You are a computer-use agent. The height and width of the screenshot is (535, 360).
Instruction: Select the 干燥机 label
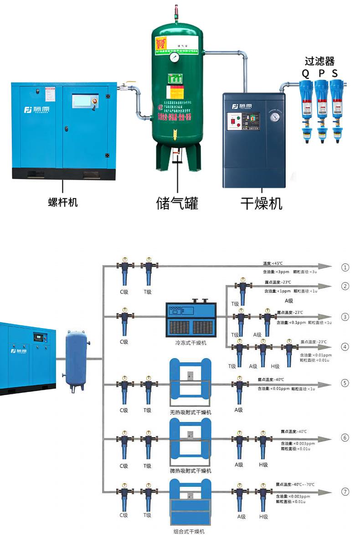(x=261, y=203)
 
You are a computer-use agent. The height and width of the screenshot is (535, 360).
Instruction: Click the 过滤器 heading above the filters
(x=320, y=62)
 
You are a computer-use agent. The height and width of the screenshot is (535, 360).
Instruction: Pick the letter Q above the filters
(x=305, y=73)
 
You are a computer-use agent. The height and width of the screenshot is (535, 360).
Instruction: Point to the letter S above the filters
(x=335, y=73)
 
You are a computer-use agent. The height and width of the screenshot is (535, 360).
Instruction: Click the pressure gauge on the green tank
(x=175, y=58)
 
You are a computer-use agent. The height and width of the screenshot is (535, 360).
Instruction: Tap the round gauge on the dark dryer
(x=274, y=116)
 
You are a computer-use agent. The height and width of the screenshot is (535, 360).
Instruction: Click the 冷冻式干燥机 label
(x=191, y=343)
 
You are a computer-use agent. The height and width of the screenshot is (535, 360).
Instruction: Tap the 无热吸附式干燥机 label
(x=190, y=412)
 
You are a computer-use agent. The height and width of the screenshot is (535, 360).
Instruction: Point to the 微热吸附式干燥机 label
(x=190, y=471)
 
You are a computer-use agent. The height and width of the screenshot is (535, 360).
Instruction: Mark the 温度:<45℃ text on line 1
(x=273, y=263)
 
